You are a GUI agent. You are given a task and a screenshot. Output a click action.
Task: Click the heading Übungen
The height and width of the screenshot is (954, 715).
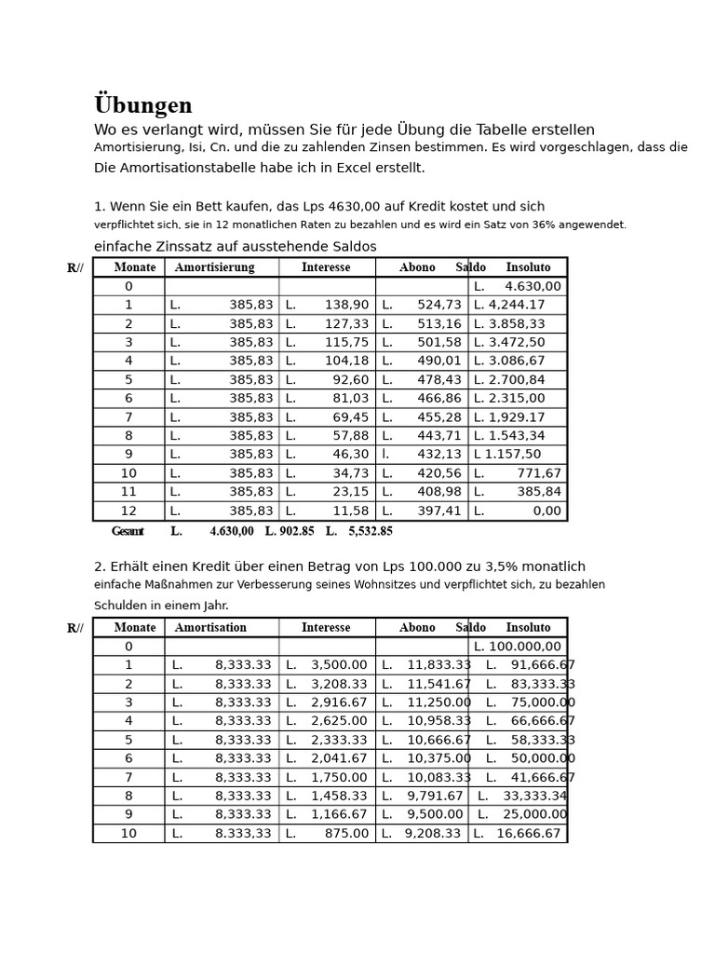pos(143,106)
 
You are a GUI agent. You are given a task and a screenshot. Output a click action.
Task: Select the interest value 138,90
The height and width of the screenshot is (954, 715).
pos(346,306)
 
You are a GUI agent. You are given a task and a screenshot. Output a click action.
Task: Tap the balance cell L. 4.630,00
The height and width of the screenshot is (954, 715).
pos(518,287)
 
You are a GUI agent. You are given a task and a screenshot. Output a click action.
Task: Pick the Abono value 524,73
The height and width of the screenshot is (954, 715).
pos(439,306)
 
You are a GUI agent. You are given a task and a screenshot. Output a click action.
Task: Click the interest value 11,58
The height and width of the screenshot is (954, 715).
pos(351,511)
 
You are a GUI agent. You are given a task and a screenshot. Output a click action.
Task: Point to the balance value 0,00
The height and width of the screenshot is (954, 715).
pos(546,511)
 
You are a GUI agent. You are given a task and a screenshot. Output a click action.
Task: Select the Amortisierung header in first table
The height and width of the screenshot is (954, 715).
pos(214,268)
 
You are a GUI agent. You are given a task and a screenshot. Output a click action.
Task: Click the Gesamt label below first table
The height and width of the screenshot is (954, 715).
pos(128,532)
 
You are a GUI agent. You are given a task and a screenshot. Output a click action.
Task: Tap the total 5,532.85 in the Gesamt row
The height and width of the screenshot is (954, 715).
pos(371,532)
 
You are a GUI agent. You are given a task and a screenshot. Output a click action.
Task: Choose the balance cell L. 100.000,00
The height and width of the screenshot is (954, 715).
pos(518,647)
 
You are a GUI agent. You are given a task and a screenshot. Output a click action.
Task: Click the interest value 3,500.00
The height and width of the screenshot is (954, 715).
pos(339,665)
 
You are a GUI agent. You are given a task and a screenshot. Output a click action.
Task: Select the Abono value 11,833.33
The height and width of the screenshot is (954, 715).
pos(438,665)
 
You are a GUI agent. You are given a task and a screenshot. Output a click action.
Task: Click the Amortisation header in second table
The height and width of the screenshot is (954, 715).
pos(210,628)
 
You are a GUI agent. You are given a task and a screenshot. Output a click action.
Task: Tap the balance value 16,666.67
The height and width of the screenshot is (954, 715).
pos(529,834)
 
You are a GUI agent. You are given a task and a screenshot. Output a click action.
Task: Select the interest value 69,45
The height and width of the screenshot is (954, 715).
pos(351,417)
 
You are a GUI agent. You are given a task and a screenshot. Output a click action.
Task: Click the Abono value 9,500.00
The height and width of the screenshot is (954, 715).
pos(435,815)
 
